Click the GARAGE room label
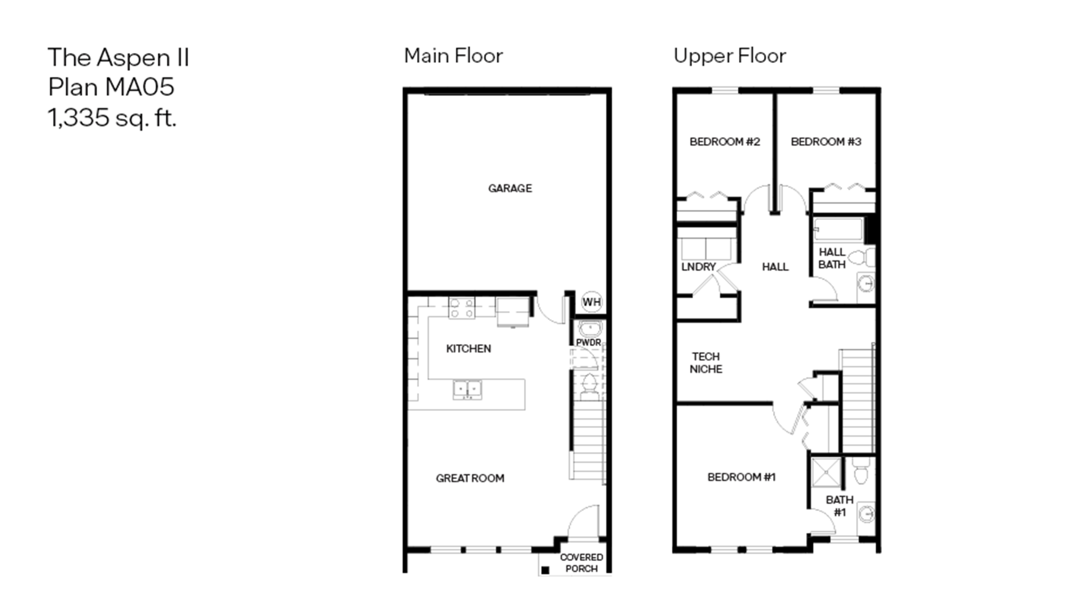coord(510,188)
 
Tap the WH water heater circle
coord(591,302)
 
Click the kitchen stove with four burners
coord(462,308)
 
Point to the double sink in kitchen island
coord(467,389)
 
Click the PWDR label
coord(588,342)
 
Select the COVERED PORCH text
coord(581,563)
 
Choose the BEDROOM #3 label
coord(826,141)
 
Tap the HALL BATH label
coord(832,258)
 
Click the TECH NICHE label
coord(706,363)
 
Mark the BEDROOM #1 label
coord(741,477)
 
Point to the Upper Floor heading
coord(730,56)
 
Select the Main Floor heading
coord(453,56)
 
